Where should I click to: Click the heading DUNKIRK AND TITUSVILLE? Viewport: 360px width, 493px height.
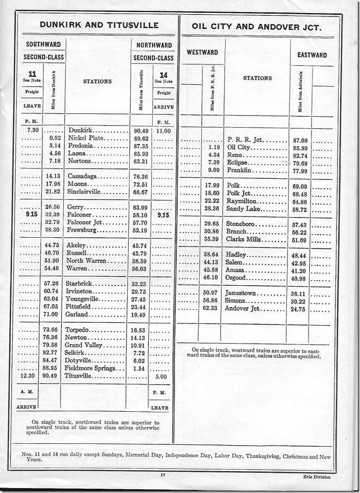(x=95, y=25)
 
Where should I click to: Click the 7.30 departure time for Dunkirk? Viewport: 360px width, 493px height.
(x=28, y=131)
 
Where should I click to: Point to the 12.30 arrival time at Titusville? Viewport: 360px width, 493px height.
(x=28, y=376)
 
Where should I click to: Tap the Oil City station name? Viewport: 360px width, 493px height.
(x=238, y=148)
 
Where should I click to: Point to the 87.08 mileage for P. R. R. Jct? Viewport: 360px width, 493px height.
(x=300, y=140)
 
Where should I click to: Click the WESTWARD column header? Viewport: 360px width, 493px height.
(x=202, y=52)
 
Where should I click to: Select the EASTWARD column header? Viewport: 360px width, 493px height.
(x=312, y=55)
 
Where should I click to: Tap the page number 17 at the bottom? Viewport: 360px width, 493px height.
(x=164, y=476)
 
